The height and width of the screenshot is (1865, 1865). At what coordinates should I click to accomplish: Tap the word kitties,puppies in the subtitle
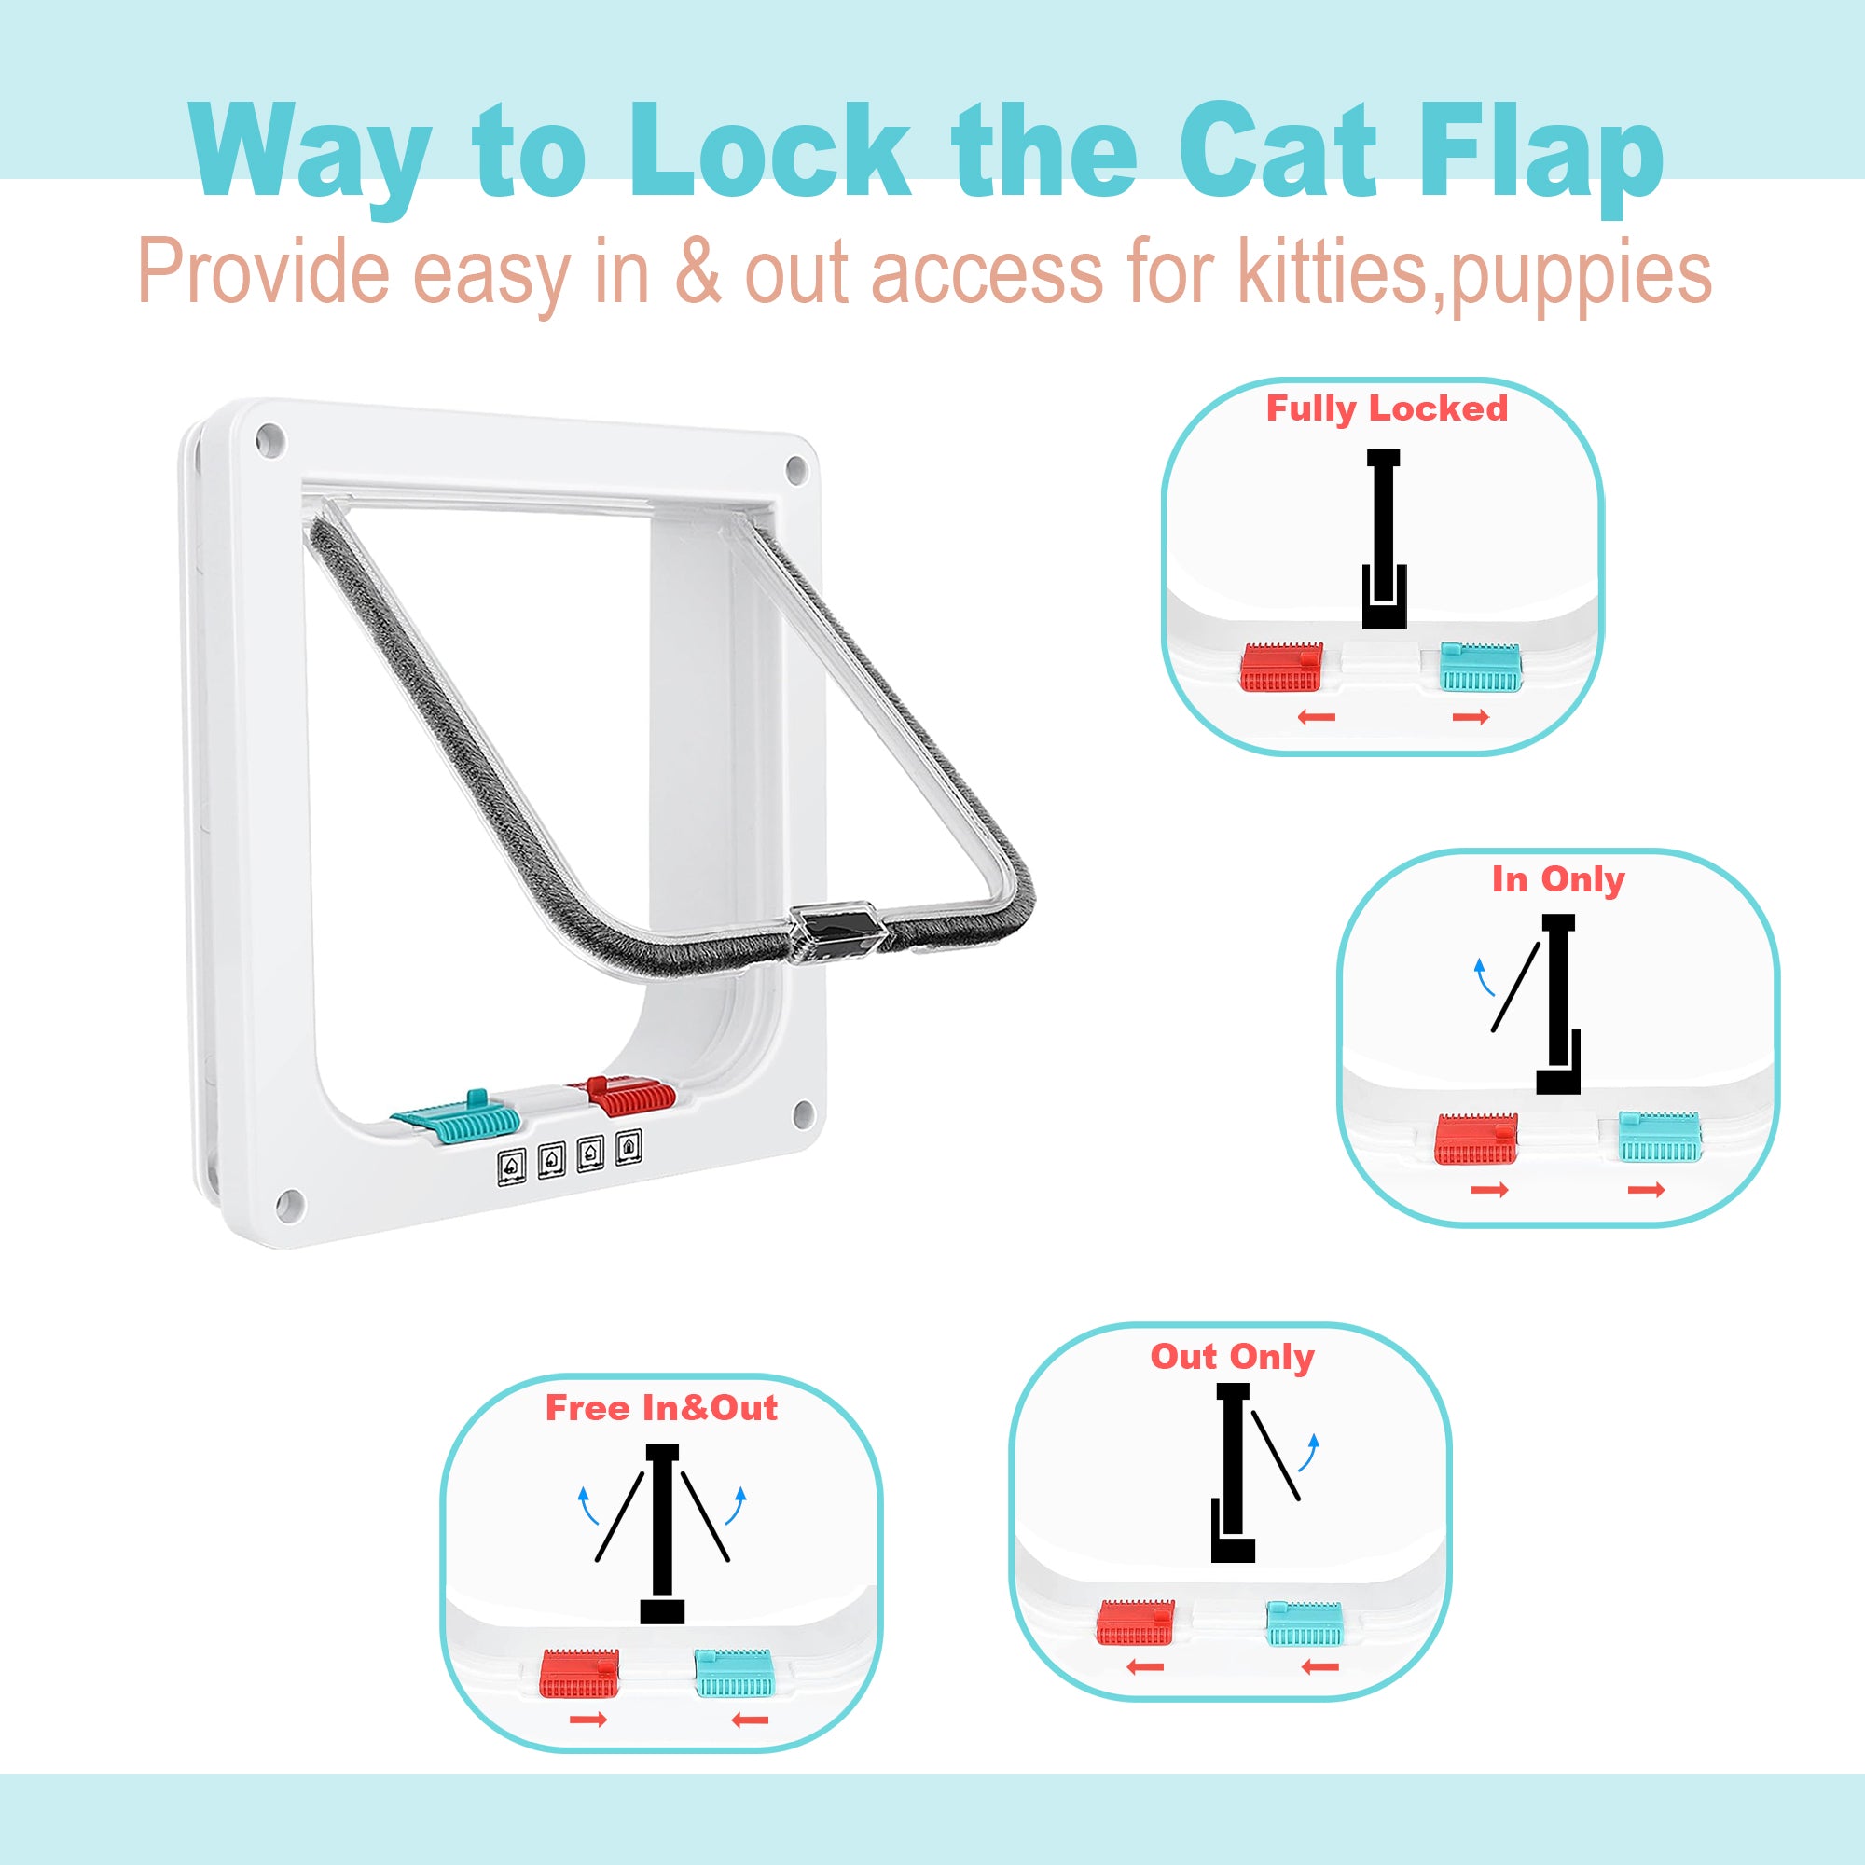pos(1474,273)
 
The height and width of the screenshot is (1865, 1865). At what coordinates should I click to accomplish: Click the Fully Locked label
pos(1387,409)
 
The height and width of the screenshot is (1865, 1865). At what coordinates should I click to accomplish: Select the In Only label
pos(1558,879)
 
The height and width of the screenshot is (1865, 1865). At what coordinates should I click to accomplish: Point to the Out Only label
pos(1232,1356)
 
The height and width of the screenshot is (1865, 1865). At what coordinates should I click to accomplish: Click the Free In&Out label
pos(661,1407)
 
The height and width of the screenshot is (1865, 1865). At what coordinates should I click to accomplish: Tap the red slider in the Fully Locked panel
pos(1281,666)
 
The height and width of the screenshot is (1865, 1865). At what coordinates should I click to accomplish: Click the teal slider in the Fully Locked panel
pos(1481,667)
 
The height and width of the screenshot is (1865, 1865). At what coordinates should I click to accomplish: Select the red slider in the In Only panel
pos(1476,1138)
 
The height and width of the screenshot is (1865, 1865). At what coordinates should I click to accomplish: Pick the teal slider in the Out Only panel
pos(1305,1623)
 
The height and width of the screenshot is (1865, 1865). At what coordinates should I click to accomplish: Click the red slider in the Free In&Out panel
pos(579,1673)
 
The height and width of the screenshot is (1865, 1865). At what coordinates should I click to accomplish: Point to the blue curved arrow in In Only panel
pos(1483,978)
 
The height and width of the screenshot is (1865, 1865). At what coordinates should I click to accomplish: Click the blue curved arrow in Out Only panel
pos(1309,1452)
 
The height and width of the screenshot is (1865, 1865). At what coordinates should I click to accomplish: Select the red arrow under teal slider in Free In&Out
pos(750,1720)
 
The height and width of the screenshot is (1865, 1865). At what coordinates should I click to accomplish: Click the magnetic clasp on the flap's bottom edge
pos(837,932)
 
